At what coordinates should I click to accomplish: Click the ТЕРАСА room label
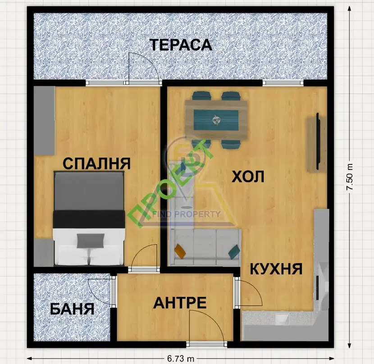click(181, 45)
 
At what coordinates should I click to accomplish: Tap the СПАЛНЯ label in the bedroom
click(96, 164)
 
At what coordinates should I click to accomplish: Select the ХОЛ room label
click(248, 177)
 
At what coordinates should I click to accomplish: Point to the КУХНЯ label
click(276, 268)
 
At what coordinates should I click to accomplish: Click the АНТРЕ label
click(180, 303)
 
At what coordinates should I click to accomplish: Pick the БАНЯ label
click(72, 309)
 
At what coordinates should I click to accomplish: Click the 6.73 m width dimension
click(181, 359)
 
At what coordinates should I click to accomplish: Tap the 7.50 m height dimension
click(350, 177)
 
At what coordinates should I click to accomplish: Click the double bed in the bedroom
click(89, 218)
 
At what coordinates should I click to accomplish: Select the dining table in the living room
click(216, 120)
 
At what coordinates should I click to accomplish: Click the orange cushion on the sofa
click(180, 251)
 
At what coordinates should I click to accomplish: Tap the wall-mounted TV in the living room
click(318, 141)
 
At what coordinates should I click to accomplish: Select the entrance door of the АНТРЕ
click(206, 327)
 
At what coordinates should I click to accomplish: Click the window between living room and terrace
click(283, 83)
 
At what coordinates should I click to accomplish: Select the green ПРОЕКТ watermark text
click(170, 184)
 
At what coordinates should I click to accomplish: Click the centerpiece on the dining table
click(216, 120)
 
